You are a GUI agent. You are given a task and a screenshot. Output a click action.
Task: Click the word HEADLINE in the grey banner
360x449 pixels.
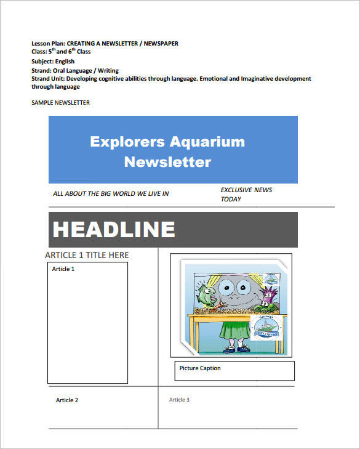click(x=114, y=229)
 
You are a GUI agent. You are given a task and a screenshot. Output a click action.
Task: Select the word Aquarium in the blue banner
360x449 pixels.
click(x=207, y=142)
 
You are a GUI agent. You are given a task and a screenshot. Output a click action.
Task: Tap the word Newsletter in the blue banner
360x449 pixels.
click(x=167, y=162)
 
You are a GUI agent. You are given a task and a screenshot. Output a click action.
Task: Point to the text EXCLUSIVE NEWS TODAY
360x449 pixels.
click(x=246, y=194)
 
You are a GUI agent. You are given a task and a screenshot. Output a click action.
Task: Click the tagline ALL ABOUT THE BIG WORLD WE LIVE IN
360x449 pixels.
click(x=111, y=193)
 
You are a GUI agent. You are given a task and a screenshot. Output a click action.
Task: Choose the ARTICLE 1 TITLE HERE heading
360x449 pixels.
click(x=87, y=255)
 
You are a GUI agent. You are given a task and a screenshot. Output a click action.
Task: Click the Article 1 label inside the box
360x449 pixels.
click(x=63, y=269)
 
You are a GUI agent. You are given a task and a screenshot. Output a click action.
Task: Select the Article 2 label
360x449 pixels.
click(x=67, y=400)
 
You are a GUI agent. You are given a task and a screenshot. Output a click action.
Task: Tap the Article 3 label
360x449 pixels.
click(x=179, y=400)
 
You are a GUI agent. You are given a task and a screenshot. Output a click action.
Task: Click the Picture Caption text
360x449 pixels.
click(x=200, y=368)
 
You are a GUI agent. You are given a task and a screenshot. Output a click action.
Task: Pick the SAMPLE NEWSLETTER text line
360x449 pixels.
click(x=60, y=102)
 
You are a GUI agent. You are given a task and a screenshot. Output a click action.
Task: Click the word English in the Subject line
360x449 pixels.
click(x=65, y=62)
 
